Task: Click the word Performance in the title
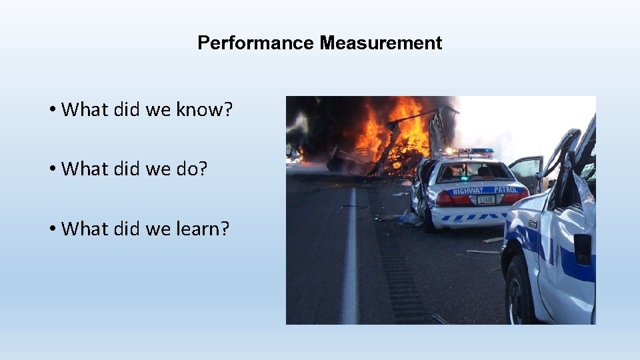(255, 43)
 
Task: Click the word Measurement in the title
(381, 43)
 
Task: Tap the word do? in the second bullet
(191, 169)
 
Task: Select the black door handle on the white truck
(583, 249)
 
